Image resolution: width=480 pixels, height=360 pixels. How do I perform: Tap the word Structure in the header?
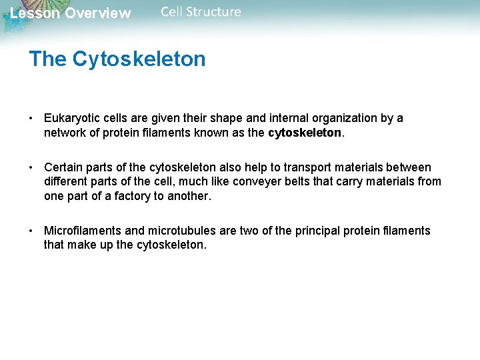(217, 12)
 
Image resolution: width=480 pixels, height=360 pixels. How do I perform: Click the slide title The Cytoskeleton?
(117, 59)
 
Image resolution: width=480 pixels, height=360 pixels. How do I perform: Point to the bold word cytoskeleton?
(304, 133)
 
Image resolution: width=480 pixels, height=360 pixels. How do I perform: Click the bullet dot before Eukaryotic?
(31, 119)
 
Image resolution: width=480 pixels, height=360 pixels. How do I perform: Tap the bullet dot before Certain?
(31, 167)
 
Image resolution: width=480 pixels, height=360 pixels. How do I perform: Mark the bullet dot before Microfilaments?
(31, 231)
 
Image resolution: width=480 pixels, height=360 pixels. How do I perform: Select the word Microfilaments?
(83, 231)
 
